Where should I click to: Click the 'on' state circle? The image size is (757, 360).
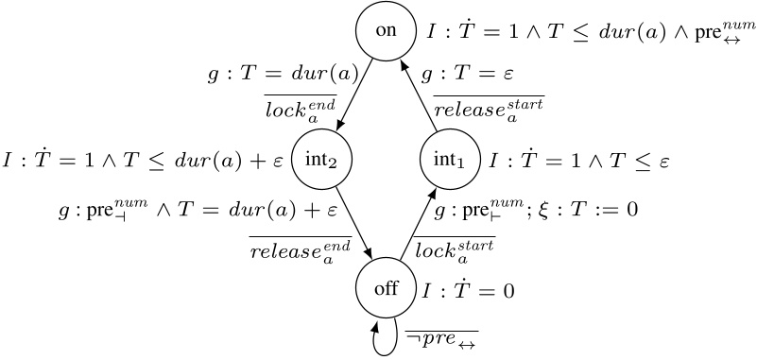pyautogui.click(x=386, y=30)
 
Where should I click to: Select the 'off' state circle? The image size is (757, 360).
pyautogui.click(x=386, y=288)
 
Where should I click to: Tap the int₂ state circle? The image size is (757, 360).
pyautogui.click(x=321, y=160)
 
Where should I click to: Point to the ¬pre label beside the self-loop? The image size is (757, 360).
pyautogui.click(x=440, y=338)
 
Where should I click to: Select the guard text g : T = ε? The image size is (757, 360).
pyautogui.click(x=461, y=73)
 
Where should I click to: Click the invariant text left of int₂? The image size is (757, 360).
pyautogui.click(x=143, y=162)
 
